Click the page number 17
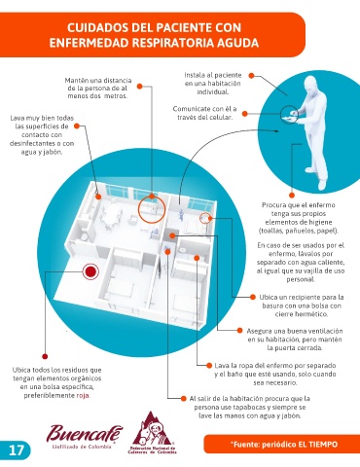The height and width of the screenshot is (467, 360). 17,450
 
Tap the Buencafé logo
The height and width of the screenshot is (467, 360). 85,436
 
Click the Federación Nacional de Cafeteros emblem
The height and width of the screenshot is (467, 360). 152,433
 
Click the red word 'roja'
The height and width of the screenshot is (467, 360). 83,396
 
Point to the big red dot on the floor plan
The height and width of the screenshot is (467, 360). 90,271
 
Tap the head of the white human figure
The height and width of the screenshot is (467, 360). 312,86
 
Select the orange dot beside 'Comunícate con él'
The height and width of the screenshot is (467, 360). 245,114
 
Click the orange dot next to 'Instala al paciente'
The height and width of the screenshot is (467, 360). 251,76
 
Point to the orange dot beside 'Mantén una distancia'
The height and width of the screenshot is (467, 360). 139,87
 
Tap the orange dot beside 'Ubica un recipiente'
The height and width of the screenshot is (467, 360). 253,297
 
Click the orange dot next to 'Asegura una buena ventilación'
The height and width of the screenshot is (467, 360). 239,331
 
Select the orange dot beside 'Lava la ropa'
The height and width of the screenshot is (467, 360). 209,366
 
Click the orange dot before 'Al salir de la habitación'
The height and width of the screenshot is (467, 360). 184,398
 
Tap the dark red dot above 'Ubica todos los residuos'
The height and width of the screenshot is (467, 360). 45,356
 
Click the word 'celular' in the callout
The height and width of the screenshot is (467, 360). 221,117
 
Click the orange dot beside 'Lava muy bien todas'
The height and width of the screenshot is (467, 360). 77,126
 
